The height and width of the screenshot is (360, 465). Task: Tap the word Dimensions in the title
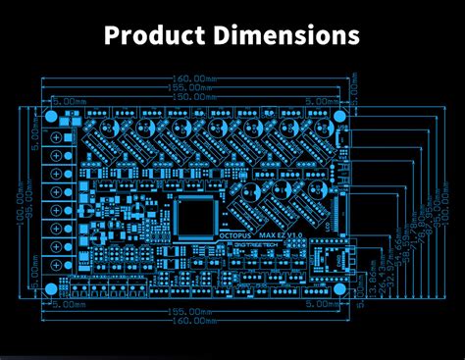[291, 35]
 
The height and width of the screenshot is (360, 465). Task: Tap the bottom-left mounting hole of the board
[51, 287]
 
